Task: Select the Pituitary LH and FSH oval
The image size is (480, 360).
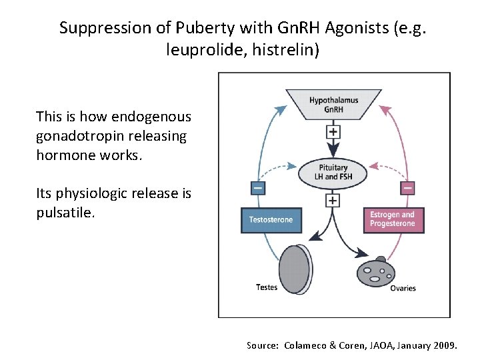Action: pos(333,173)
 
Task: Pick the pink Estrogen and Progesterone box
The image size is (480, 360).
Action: pos(393,219)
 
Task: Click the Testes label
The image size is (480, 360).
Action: pos(267,287)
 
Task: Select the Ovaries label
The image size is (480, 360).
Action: pos(403,288)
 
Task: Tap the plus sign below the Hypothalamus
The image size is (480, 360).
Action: pos(333,131)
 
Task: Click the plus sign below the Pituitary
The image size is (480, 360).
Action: pos(333,200)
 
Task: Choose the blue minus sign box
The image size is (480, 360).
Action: pos(257,188)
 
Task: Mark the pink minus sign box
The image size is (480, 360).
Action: pos(408,188)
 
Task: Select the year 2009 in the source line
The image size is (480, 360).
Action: pos(443,345)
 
